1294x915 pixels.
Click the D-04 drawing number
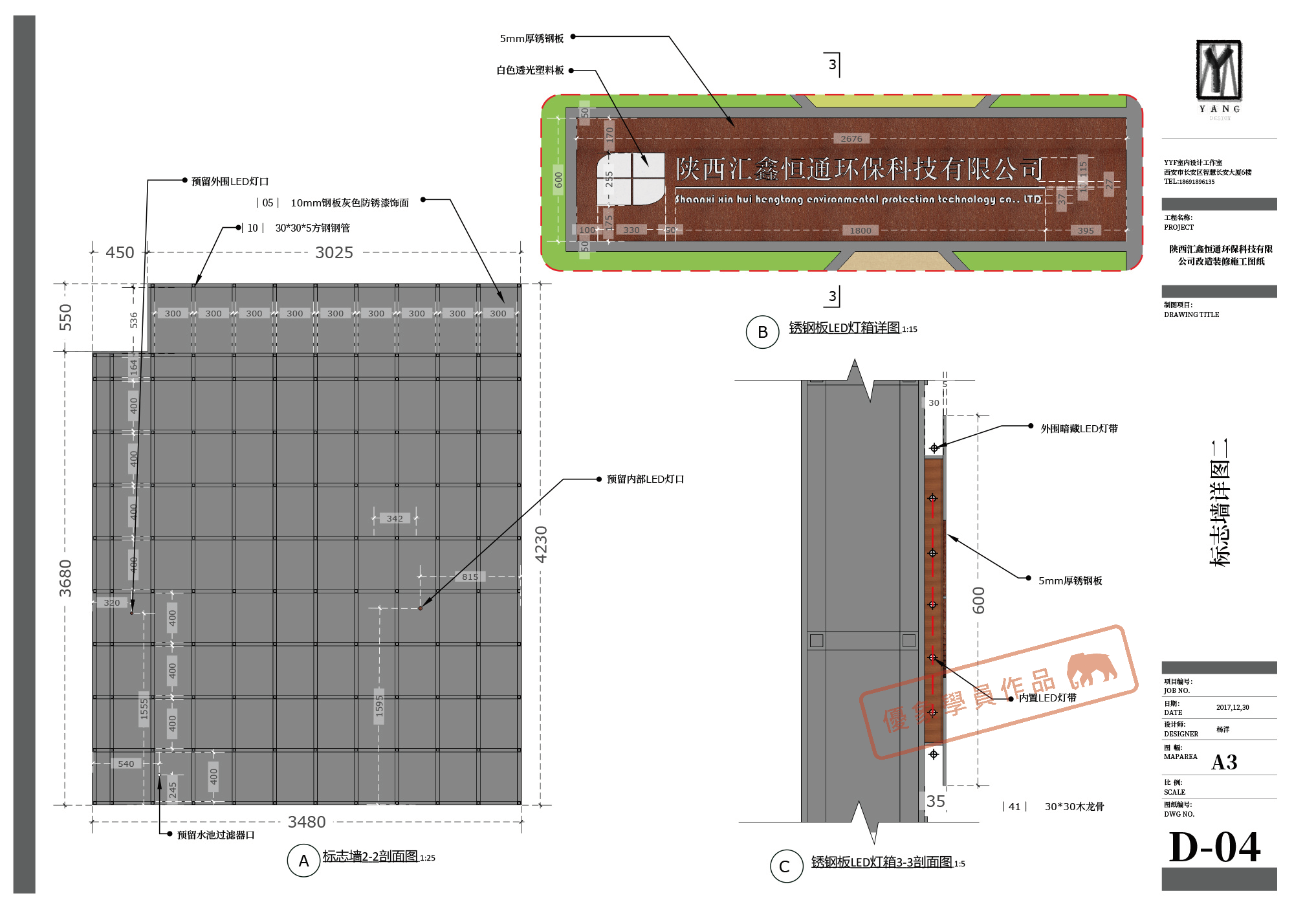[1214, 847]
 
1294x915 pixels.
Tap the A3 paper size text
[1224, 762]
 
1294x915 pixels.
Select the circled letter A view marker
[303, 861]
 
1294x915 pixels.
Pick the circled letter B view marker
[762, 332]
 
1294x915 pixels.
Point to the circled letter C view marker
[785, 866]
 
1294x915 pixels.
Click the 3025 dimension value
[334, 252]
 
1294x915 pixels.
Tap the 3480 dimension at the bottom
[307, 822]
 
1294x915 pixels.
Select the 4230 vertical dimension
[542, 544]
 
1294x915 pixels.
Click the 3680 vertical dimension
[65, 578]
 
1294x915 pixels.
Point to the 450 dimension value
[120, 252]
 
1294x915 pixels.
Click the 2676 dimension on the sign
[851, 138]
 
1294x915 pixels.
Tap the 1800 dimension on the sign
[861, 230]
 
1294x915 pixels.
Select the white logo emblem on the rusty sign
[630, 179]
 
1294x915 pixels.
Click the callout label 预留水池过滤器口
[216, 835]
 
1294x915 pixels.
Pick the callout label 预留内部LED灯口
[645, 479]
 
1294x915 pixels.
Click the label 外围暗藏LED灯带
[1079, 428]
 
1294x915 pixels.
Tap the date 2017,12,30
[1233, 707]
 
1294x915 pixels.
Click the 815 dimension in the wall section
[470, 577]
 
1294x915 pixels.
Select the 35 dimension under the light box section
[936, 801]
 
